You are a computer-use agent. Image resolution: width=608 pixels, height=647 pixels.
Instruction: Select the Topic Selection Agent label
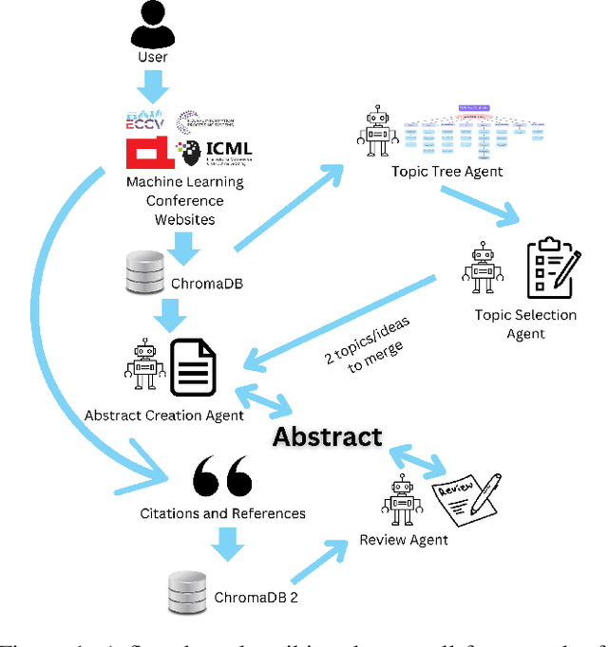coord(525,323)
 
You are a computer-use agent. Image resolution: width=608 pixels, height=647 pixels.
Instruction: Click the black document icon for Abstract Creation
coord(193,367)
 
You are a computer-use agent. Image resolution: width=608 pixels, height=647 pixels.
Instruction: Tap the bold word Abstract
coord(328,436)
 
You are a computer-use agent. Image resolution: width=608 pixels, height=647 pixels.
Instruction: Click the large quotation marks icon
coord(222,477)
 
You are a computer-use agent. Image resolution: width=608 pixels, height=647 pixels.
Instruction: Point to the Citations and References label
coord(223,513)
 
